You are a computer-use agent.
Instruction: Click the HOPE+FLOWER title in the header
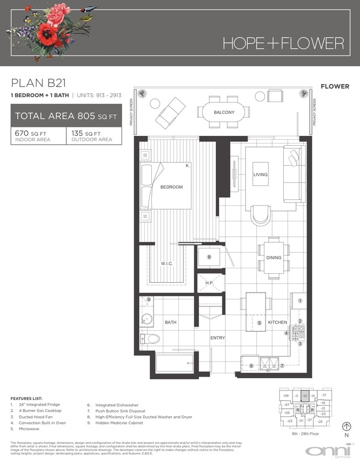click(x=283, y=43)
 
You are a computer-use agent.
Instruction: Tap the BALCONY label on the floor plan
click(x=224, y=113)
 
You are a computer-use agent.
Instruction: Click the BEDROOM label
click(x=171, y=187)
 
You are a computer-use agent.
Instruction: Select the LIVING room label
click(x=260, y=174)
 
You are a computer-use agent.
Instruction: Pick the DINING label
click(x=273, y=258)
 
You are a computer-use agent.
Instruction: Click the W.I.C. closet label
click(x=167, y=264)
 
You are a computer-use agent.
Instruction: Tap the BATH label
click(x=170, y=322)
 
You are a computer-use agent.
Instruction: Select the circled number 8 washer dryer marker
click(x=209, y=257)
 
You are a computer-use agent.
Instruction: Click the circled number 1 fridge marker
click(x=300, y=301)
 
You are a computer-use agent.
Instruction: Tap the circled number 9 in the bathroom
click(x=149, y=300)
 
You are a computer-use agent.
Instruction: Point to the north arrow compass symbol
click(x=347, y=426)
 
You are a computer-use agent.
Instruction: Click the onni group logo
click(x=327, y=451)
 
